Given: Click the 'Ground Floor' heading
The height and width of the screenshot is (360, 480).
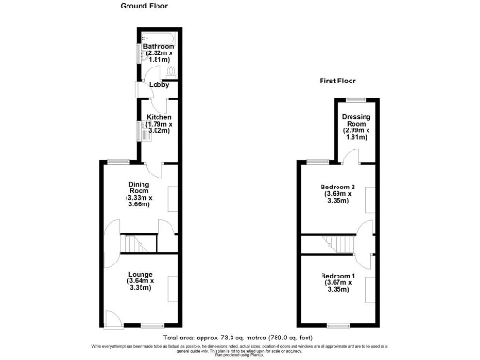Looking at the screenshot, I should [144, 6].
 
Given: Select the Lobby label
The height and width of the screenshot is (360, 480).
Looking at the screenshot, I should [157, 85].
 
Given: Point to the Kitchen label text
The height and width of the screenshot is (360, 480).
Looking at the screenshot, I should [158, 119].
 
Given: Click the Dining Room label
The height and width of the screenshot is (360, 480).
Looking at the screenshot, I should [138, 193].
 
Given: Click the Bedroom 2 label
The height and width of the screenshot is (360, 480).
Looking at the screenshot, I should [336, 193].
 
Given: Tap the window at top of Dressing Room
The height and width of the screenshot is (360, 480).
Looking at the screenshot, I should [353, 98].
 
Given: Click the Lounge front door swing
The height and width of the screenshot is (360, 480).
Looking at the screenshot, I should [112, 317].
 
